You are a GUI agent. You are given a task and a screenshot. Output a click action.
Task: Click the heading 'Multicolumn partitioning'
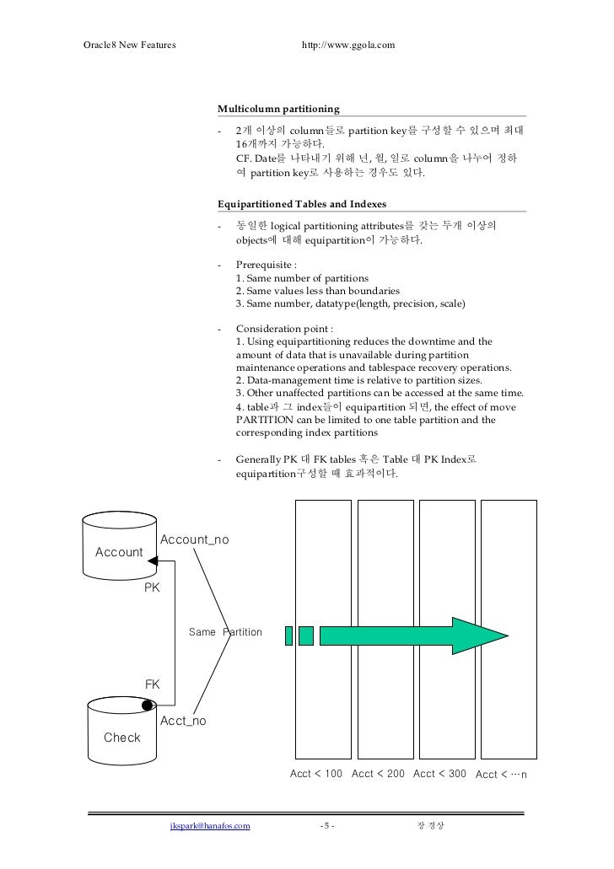pyautogui.click(x=278, y=109)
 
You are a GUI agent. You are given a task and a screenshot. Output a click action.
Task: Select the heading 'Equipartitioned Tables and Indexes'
pyautogui.click(x=301, y=203)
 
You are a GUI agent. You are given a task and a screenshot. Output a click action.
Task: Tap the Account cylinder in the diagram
pyautogui.click(x=119, y=551)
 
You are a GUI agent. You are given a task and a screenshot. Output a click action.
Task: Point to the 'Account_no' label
pyautogui.click(x=194, y=539)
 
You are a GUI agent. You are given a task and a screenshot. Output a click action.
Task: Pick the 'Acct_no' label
pyautogui.click(x=183, y=721)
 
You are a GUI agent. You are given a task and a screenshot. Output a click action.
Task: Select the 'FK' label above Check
pyautogui.click(x=153, y=684)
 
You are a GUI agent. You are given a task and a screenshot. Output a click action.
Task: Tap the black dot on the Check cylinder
pyautogui.click(x=148, y=705)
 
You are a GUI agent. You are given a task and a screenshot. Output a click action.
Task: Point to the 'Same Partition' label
pyautogui.click(x=225, y=632)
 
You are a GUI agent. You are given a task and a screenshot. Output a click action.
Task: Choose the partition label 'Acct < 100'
pyautogui.click(x=316, y=774)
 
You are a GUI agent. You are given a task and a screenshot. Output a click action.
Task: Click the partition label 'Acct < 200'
pyautogui.click(x=378, y=774)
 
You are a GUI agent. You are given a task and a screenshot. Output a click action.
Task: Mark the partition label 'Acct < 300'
pyautogui.click(x=439, y=774)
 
